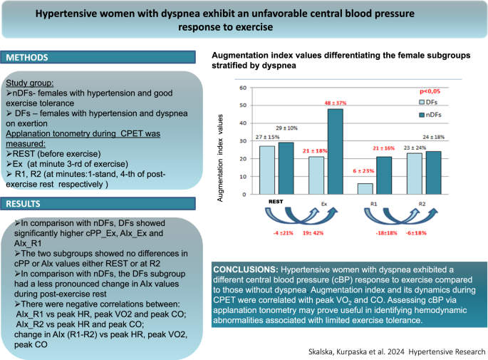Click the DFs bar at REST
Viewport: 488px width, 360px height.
pyautogui.click(x=266, y=171)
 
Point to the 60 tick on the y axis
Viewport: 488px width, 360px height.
pyautogui.click(x=243, y=88)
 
